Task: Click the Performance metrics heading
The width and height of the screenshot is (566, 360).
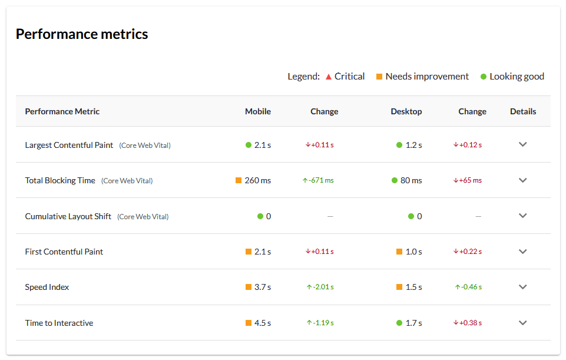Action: [x=82, y=34]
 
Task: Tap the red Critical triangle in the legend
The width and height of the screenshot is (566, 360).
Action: [x=329, y=77]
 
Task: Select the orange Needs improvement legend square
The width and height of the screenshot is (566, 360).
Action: [x=379, y=77]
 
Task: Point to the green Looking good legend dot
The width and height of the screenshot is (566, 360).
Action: [x=484, y=77]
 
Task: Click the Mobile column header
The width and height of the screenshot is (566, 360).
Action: [x=258, y=111]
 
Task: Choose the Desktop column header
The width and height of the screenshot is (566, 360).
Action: [x=406, y=111]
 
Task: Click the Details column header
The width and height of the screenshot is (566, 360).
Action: [x=523, y=111]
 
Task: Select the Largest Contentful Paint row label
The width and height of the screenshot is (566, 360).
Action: [x=69, y=145]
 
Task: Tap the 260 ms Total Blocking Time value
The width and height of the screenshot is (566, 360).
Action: [x=257, y=180]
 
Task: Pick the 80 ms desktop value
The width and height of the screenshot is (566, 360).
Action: [x=411, y=180]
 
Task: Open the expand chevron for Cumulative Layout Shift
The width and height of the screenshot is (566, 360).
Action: [x=522, y=216]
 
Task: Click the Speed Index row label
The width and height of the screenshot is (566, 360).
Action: [x=47, y=287]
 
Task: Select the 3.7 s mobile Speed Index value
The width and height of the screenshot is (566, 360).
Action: [x=262, y=287]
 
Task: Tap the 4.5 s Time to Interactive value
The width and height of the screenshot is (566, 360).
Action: [x=262, y=323]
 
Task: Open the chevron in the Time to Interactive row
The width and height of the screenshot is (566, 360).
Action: [x=522, y=323]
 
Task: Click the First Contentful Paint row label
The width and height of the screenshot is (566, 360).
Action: [x=64, y=252]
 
